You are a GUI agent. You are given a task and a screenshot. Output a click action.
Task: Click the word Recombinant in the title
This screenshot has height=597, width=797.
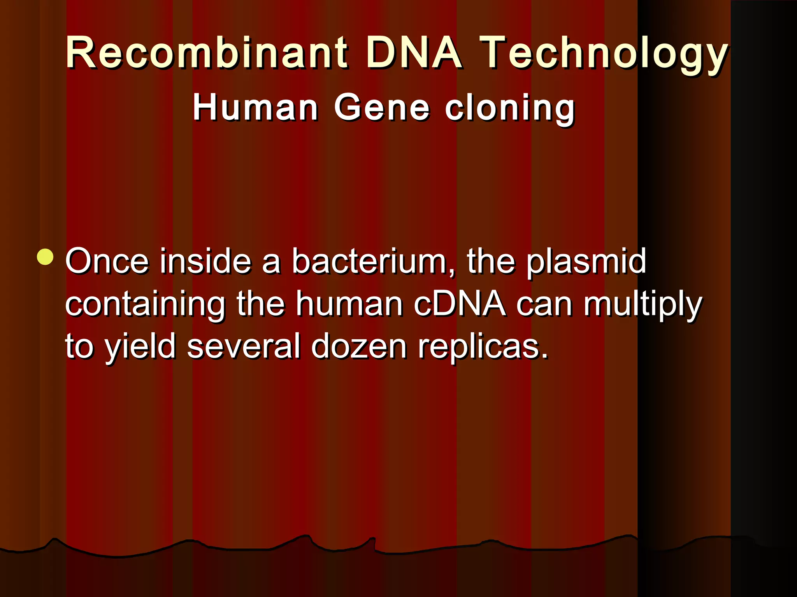pos(207,53)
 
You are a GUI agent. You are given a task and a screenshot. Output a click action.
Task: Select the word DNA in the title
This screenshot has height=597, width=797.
pos(414,53)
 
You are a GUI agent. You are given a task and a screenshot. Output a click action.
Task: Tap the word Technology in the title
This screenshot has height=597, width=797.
pos(604,54)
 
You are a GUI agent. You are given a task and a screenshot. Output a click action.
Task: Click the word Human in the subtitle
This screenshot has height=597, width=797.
pos(256,108)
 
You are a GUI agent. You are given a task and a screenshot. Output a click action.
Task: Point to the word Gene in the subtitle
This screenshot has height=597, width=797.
pos(382,108)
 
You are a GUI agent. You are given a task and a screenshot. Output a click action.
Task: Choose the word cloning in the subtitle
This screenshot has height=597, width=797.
pos(510,109)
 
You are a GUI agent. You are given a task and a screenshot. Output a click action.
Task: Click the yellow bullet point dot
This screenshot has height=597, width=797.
pos(46,257)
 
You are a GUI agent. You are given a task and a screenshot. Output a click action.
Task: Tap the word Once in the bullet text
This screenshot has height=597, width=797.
pos(107,261)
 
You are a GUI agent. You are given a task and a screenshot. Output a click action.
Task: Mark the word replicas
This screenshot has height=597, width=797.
pos(483,347)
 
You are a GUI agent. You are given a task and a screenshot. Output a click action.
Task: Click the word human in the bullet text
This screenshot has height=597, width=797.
pos(349,304)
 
